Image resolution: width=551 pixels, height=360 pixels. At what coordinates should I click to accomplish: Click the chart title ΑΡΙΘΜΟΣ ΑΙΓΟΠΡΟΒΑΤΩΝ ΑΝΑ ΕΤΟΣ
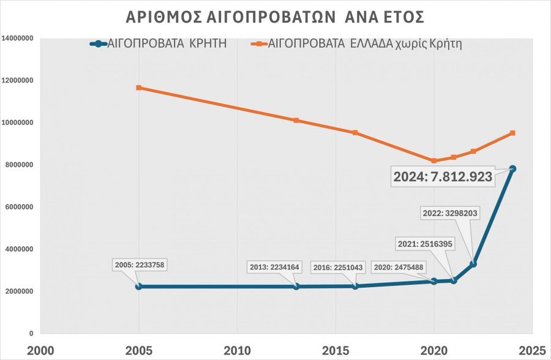point(275,16)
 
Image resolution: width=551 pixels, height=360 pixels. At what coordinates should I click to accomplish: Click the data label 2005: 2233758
point(140,265)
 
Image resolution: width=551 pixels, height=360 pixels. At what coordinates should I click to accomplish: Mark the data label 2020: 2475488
point(399,267)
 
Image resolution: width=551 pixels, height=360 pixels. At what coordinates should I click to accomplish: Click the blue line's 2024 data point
point(512,169)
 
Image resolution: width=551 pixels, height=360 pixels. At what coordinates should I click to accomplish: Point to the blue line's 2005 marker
point(139,287)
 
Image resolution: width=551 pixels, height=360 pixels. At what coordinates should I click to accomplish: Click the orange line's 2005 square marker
point(139,88)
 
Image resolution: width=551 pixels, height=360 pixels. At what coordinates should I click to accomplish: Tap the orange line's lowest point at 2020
point(434,161)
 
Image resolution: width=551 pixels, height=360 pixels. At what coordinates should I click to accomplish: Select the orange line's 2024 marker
point(512,133)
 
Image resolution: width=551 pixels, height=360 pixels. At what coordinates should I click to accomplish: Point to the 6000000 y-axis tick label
point(18,207)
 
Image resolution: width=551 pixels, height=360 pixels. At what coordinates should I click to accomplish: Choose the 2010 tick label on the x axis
point(238,351)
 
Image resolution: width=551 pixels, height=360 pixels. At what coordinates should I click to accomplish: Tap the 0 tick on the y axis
point(31,334)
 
